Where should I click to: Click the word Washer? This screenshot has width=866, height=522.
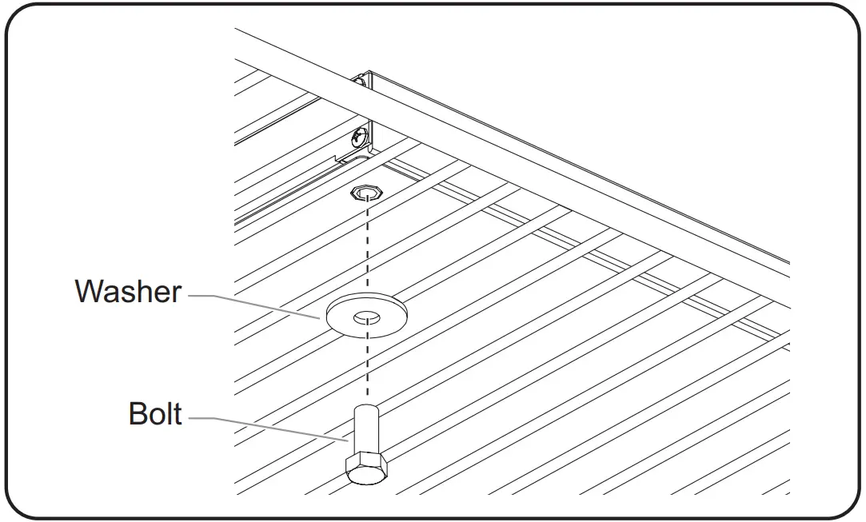pyautogui.click(x=128, y=292)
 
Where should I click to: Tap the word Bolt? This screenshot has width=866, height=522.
pyautogui.click(x=155, y=415)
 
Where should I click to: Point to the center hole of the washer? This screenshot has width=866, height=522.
pyautogui.click(x=366, y=317)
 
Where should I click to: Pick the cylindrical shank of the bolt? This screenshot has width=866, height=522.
pyautogui.click(x=365, y=432)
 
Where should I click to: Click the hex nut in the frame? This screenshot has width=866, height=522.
pyautogui.click(x=366, y=192)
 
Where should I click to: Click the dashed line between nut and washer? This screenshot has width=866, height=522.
pyautogui.click(x=366, y=248)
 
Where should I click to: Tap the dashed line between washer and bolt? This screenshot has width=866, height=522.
pyautogui.click(x=366, y=368)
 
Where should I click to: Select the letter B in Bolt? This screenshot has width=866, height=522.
pyautogui.click(x=139, y=415)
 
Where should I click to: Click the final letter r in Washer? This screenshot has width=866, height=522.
pyautogui.click(x=177, y=295)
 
